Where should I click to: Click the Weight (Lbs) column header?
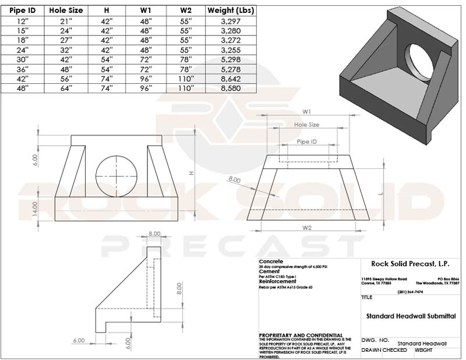[230, 10]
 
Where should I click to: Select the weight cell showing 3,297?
[230, 20]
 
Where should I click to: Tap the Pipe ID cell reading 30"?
[22, 59]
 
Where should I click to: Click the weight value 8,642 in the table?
[230, 79]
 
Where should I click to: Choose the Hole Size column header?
[66, 10]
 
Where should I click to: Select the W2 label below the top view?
[308, 227]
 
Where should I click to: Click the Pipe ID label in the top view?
[307, 142]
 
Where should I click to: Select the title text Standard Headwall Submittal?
[411, 316]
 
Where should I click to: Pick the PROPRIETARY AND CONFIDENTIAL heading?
[300, 336]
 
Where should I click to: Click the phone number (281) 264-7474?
[411, 291]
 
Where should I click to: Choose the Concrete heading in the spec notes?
[271, 262]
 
